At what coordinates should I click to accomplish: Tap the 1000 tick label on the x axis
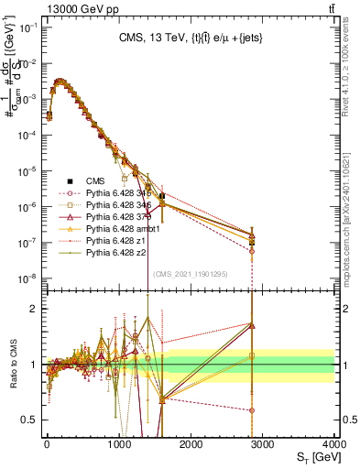point(119,443)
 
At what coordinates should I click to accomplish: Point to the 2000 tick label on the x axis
point(191,443)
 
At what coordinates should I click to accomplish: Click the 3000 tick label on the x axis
point(263,443)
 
